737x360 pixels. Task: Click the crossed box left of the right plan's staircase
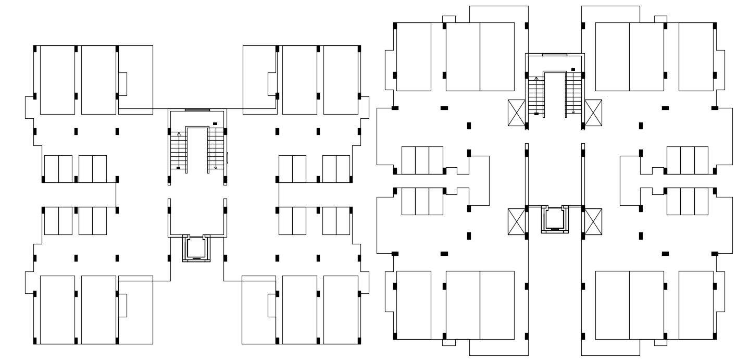click(x=516, y=113)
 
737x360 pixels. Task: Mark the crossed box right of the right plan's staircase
click(x=593, y=113)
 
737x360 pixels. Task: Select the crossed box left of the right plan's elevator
click(x=516, y=221)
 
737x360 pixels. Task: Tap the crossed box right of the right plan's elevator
click(x=593, y=221)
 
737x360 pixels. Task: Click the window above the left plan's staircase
click(x=197, y=110)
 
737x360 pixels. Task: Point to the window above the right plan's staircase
click(x=554, y=54)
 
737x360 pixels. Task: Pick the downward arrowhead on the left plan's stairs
click(x=216, y=168)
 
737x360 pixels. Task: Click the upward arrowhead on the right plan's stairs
click(x=536, y=78)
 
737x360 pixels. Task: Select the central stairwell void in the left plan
click(x=197, y=151)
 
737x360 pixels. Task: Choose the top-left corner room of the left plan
click(x=57, y=80)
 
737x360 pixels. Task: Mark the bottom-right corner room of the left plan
click(x=341, y=309)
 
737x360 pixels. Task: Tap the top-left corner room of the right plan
click(x=414, y=56)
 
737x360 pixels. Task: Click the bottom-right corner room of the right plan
click(x=696, y=305)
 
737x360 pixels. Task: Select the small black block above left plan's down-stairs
click(x=215, y=124)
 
